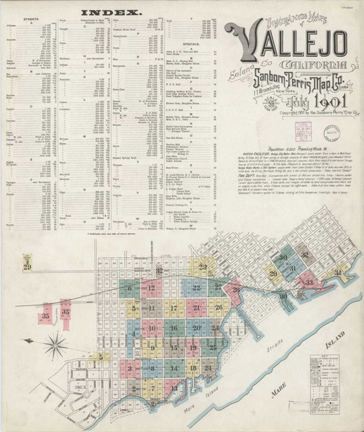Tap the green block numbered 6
130,289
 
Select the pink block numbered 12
151,287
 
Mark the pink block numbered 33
309,282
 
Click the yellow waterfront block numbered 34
337,273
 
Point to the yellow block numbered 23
204,267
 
